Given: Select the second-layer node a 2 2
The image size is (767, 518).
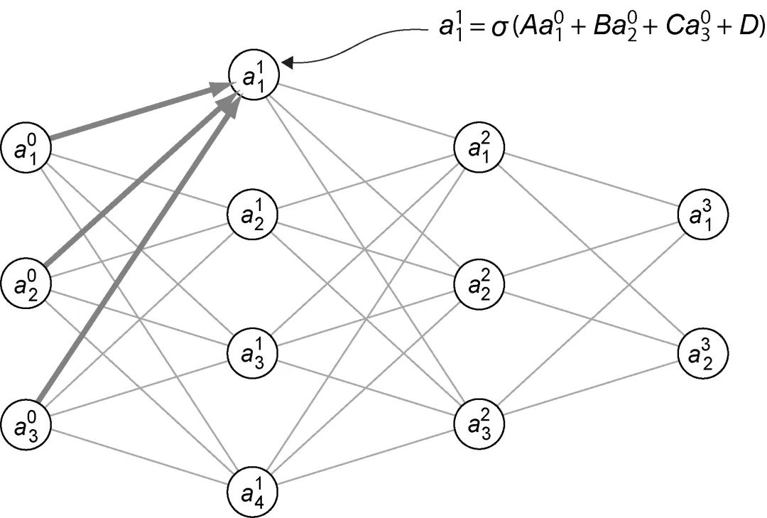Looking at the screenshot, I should pyautogui.click(x=480, y=284).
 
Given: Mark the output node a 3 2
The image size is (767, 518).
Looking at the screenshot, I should pyautogui.click(x=703, y=353).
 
